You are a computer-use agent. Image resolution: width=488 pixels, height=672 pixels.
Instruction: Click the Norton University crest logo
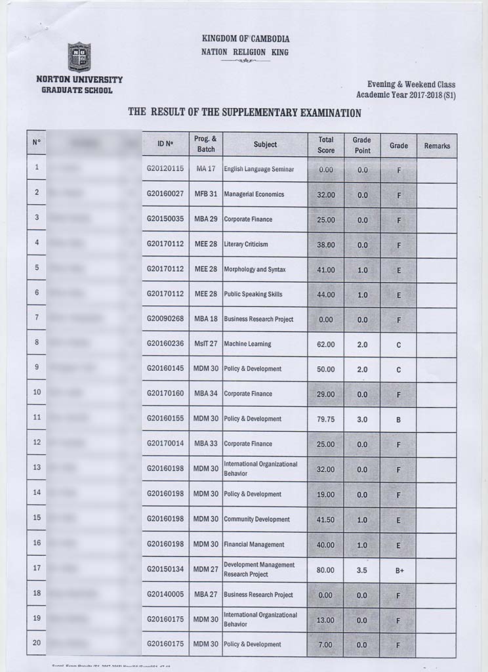pyautogui.click(x=79, y=57)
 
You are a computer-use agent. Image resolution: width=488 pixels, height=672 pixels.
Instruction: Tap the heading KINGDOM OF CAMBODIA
pyautogui.click(x=246, y=39)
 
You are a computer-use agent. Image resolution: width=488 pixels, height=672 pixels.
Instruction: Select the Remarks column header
pyautogui.click(x=437, y=146)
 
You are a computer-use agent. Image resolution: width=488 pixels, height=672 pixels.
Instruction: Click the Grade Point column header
pyautogui.click(x=361, y=145)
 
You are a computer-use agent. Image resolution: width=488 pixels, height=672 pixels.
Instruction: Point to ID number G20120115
pyautogui.click(x=165, y=169)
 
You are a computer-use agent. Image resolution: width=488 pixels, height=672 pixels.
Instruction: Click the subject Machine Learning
pyautogui.click(x=247, y=344)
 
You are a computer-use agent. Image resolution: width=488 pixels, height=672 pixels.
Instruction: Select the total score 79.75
pyautogui.click(x=326, y=419)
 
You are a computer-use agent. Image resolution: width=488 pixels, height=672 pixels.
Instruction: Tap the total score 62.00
pyautogui.click(x=326, y=344)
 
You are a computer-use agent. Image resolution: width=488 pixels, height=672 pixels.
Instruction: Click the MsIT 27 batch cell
pyautogui.click(x=205, y=344)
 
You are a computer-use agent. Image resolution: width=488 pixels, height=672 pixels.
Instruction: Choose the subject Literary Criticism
pyautogui.click(x=246, y=244)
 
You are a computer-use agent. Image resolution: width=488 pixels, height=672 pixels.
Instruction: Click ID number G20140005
pyautogui.click(x=165, y=595)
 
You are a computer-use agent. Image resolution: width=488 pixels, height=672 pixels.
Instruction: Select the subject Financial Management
pyautogui.click(x=254, y=545)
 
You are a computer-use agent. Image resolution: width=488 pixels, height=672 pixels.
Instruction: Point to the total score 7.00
pyautogui.click(x=326, y=644)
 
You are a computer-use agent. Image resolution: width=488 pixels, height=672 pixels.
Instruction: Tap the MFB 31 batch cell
pyautogui.click(x=205, y=194)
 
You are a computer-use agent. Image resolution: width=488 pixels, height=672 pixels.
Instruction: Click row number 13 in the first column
pyautogui.click(x=37, y=467)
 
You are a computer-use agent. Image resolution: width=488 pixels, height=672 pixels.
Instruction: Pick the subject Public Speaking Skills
pyautogui.click(x=253, y=294)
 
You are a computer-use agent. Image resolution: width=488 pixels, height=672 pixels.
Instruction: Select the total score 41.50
pyautogui.click(x=326, y=519)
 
